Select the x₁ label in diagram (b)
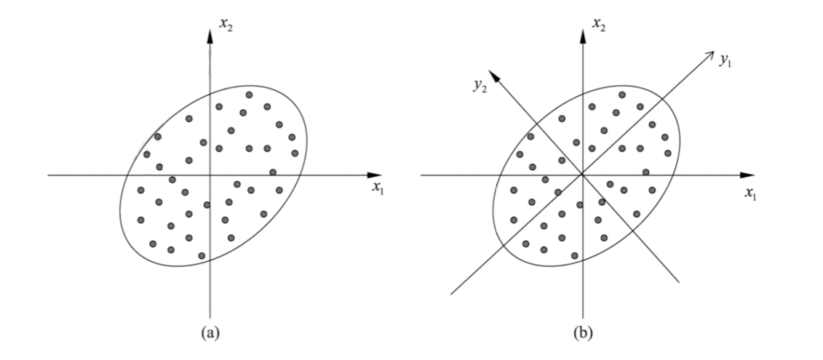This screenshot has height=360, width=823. (750, 194)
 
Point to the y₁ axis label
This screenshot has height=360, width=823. (725, 61)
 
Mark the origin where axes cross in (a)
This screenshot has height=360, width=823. (210, 175)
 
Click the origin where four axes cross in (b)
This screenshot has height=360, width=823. (582, 175)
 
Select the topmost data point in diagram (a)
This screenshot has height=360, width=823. (249, 95)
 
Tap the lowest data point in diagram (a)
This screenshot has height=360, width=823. (202, 255)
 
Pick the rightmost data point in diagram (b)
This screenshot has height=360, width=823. (668, 153)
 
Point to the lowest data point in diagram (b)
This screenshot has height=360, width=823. (575, 255)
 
